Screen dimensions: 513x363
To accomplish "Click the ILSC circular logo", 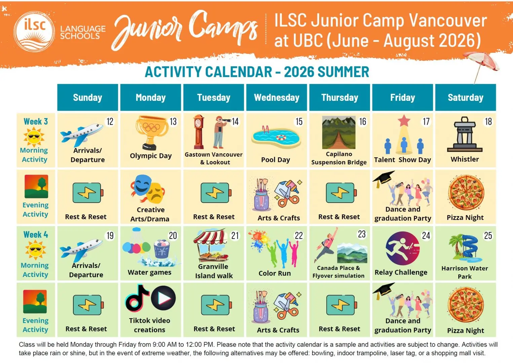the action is pos(34,32).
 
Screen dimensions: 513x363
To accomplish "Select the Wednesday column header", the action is pos(277,97).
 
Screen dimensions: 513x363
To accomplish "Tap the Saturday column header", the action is pos(465,97).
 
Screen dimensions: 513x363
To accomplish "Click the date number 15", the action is pos(299,122).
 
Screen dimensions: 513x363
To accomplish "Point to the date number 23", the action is pos(362,234).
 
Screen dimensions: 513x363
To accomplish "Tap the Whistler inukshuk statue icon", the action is pos(465,134).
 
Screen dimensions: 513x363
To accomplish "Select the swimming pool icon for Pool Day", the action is pos(276,137).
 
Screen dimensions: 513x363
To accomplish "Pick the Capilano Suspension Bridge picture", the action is pos(339,132).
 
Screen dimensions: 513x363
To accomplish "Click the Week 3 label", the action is pos(36,121).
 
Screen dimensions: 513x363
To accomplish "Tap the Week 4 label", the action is pos(36,235).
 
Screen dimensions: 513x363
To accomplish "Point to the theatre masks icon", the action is pos(148,188).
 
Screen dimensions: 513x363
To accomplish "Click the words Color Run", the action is pos(274,273).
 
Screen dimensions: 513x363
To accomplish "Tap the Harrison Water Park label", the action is pos(465,272).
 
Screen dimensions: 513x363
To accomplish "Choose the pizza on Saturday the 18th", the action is pos(466,193).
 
